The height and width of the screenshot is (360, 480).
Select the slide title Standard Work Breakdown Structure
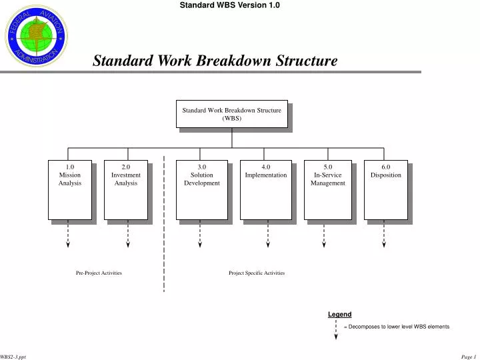tap(215, 61)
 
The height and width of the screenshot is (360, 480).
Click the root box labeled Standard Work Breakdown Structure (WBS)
tap(231, 114)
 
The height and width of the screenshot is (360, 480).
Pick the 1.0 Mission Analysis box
tap(69, 189)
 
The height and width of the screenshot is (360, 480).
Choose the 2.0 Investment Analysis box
tap(126, 189)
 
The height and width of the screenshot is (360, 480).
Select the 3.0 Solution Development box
tap(201, 189)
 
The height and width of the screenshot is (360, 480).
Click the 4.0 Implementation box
tap(265, 189)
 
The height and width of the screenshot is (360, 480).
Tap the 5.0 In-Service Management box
tap(327, 189)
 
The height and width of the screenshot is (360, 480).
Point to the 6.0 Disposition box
tap(386, 189)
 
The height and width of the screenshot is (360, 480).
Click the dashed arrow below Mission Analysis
tap(68, 235)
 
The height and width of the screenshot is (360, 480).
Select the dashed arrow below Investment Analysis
tap(127, 235)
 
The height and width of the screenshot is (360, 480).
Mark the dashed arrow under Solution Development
tap(201, 235)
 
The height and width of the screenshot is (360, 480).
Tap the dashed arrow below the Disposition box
tap(384, 235)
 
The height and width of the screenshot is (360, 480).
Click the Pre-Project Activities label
tap(99, 273)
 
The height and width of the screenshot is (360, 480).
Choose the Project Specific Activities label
tap(257, 273)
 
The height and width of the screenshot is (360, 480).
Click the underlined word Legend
tap(339, 314)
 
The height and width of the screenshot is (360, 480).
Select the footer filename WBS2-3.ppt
tap(13, 357)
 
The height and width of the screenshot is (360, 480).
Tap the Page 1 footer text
tap(468, 357)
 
